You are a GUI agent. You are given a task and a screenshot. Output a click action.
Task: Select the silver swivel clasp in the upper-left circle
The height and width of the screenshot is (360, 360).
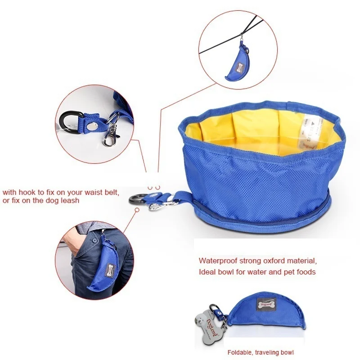pyautogui.click(x=109, y=136)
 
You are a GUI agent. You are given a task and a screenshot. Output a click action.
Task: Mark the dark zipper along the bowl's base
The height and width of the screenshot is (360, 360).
pyautogui.click(x=270, y=216)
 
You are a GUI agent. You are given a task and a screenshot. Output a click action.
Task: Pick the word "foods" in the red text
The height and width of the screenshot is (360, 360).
pyautogui.click(x=306, y=272)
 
